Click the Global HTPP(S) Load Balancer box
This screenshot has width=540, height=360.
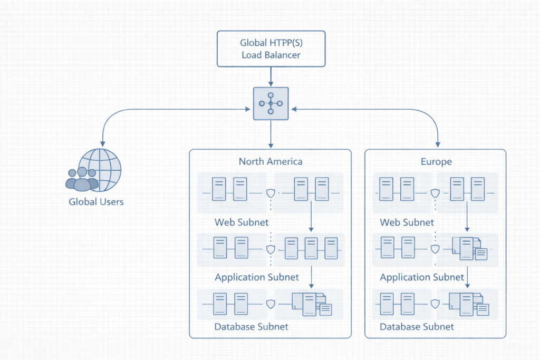coord(271,48)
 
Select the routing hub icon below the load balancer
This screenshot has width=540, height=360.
coord(271,104)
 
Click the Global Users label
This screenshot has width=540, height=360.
coord(96,201)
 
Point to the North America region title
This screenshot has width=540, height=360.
coord(271,161)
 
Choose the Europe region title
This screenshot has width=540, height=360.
coord(436,161)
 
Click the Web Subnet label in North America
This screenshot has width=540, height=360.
coord(242,222)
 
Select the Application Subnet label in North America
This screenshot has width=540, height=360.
coord(257,277)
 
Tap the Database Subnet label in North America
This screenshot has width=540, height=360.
coord(251,326)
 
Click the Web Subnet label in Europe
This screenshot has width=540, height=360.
coord(407,222)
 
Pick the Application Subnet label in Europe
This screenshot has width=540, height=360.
coord(422,277)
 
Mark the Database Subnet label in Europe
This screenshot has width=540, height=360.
coord(417,326)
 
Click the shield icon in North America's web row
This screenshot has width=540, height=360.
coord(271,193)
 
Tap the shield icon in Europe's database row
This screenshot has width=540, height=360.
coord(436,304)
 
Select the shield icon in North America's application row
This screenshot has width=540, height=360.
coord(271,249)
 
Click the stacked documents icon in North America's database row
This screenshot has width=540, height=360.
coord(312,304)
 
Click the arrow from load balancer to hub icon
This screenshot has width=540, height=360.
coord(271,77)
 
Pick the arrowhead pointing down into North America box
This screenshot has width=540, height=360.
coord(271,145)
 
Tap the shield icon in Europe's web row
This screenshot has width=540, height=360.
coord(436,193)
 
